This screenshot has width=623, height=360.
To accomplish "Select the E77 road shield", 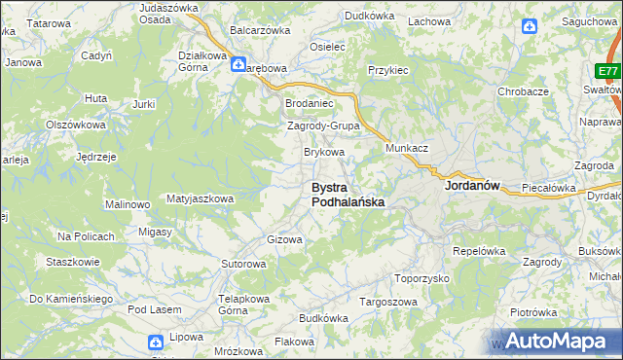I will tap(608, 72).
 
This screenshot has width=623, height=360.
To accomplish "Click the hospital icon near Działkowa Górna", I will tap(238, 65).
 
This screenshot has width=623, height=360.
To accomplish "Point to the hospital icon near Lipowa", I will tap(156, 342).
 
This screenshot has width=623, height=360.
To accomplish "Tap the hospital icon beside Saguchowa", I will tap(529, 27).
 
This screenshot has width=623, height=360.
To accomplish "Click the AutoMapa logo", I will tap(555, 341).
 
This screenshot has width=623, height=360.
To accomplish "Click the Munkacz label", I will tap(407, 147).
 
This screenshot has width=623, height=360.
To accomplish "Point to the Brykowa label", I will tap(324, 152).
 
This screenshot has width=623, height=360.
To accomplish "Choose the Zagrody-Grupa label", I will tap(324, 126).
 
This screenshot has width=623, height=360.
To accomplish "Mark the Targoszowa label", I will tap(390, 302).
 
